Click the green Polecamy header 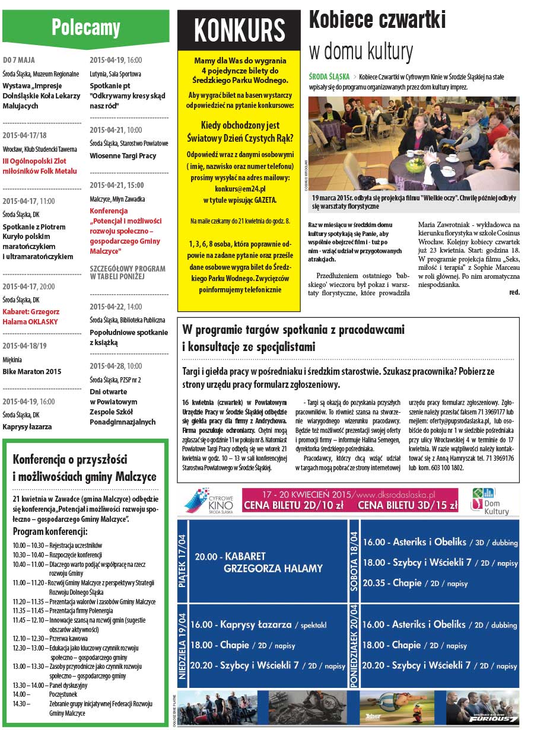(85, 27)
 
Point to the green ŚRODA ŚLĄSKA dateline (329, 77)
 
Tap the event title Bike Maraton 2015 (32, 372)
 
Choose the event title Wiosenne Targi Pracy (123, 155)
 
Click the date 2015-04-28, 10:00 (116, 366)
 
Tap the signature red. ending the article (514, 292)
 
